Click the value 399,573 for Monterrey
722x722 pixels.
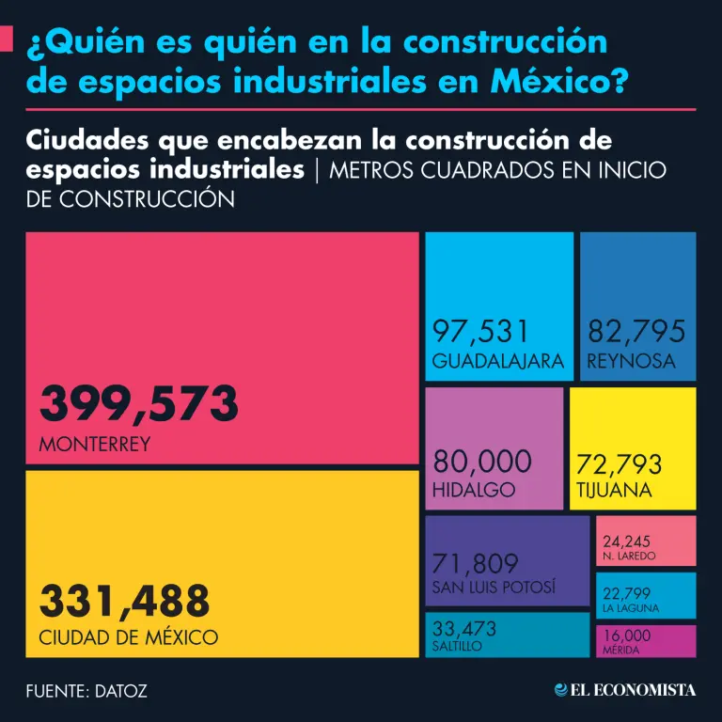[x=138, y=404]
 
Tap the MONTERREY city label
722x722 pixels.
[x=94, y=445]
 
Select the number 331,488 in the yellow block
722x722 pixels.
[x=124, y=599]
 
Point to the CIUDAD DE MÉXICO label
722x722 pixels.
[x=128, y=637]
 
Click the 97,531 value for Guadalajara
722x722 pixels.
[x=481, y=331]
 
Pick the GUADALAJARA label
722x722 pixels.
[x=498, y=361]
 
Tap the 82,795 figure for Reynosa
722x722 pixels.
[x=636, y=331]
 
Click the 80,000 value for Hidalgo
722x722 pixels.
[x=482, y=461]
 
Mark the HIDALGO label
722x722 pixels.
[x=474, y=490]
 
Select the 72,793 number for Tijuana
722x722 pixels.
[x=620, y=464]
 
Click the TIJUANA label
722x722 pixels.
[x=614, y=490]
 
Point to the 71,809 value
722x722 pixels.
[x=476, y=563]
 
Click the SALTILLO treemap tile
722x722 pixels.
[x=508, y=635]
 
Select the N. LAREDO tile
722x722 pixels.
[x=646, y=541]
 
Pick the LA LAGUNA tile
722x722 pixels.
[x=646, y=595]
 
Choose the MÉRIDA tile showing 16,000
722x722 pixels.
[x=646, y=640]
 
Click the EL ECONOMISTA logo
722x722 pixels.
[x=625, y=690]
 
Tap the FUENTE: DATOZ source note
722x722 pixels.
[x=86, y=691]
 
